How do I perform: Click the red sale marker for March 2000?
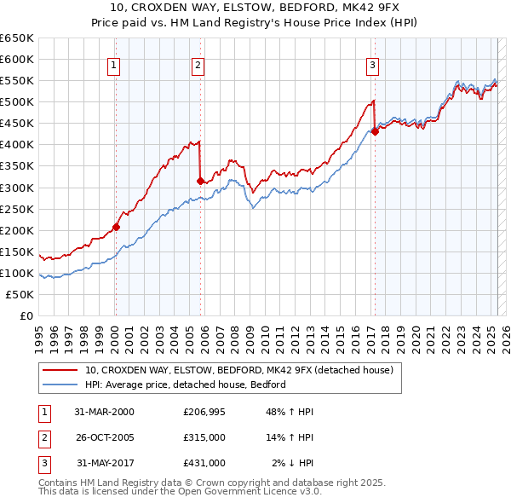(x=116, y=227)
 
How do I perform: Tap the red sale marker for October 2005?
(x=200, y=181)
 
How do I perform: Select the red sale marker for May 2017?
(x=375, y=131)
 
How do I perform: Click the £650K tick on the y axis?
(x=17, y=38)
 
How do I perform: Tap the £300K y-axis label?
(x=17, y=188)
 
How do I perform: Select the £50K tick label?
(x=20, y=294)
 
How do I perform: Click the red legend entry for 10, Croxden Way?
(x=238, y=371)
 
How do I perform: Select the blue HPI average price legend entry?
(x=185, y=385)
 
